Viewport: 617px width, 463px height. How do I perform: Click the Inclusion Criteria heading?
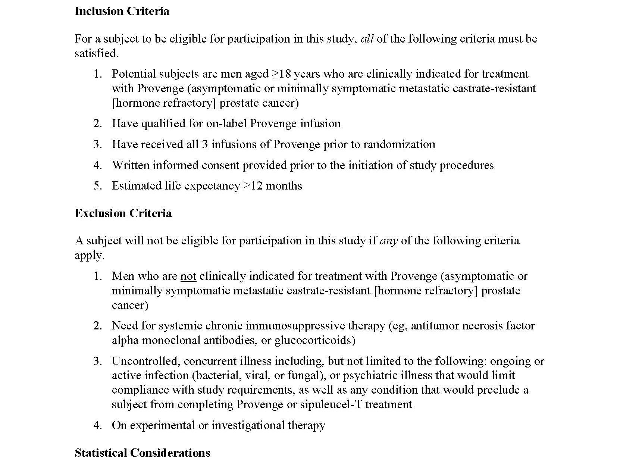[122, 11]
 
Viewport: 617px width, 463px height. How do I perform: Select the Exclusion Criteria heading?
[123, 213]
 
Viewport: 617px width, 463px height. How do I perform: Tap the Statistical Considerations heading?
[142, 453]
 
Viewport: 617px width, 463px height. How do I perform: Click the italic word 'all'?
[367, 39]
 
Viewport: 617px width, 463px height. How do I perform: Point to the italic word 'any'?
[389, 241]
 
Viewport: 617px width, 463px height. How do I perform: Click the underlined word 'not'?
[188, 276]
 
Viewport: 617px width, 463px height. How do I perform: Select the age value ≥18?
[281, 74]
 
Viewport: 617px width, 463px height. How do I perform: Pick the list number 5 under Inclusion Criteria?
[97, 186]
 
